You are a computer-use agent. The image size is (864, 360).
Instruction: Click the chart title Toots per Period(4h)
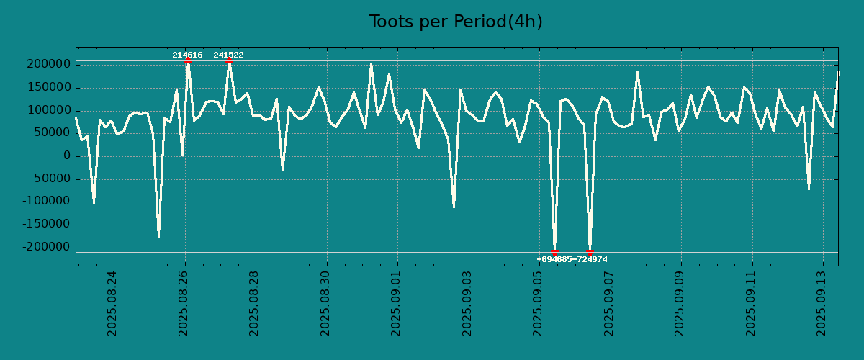point(456,22)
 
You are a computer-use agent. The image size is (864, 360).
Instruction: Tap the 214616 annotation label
point(187,55)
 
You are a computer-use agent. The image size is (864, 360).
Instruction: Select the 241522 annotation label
point(228,55)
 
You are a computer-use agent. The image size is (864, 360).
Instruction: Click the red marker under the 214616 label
point(188,61)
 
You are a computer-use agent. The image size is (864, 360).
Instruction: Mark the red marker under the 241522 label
point(229,61)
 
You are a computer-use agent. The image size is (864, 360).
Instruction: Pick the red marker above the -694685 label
point(554,252)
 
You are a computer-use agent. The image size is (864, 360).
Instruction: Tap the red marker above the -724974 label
point(590,252)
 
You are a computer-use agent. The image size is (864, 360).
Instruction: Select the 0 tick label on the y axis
point(67,156)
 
